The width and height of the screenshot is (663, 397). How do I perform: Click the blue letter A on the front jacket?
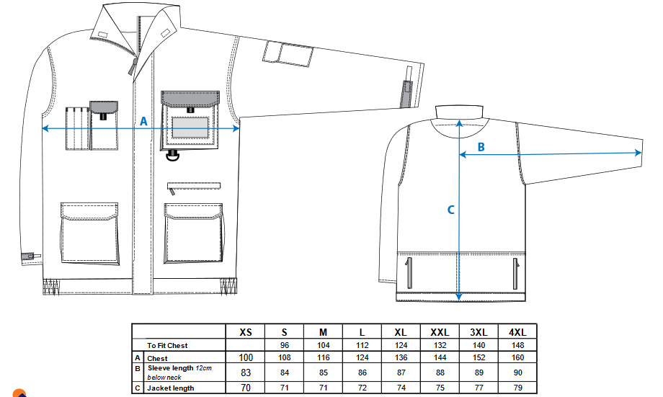(143, 121)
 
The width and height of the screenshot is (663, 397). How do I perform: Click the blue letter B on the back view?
(481, 147)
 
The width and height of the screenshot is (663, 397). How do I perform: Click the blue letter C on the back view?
(450, 210)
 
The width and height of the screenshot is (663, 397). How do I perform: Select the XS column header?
(246, 332)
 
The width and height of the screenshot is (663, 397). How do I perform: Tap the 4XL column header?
(517, 332)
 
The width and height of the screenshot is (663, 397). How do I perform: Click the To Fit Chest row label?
(167, 345)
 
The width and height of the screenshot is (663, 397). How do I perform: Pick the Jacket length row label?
(171, 388)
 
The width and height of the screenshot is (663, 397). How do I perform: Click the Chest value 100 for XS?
(246, 357)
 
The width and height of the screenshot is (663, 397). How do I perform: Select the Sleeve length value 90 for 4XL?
(517, 373)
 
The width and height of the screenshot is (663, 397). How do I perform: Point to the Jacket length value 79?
(517, 388)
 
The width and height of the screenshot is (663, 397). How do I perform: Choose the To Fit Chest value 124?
(401, 345)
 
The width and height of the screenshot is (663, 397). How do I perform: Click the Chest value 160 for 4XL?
(517, 357)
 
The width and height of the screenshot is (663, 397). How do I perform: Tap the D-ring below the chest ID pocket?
(173, 156)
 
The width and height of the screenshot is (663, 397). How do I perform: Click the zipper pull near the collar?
(133, 67)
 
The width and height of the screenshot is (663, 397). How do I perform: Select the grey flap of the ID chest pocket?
(190, 99)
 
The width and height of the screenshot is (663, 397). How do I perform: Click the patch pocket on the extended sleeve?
(288, 55)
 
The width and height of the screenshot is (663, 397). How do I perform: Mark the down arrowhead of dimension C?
(459, 298)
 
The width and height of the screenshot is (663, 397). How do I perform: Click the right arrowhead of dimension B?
(638, 153)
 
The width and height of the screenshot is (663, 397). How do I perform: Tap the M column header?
(323, 332)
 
